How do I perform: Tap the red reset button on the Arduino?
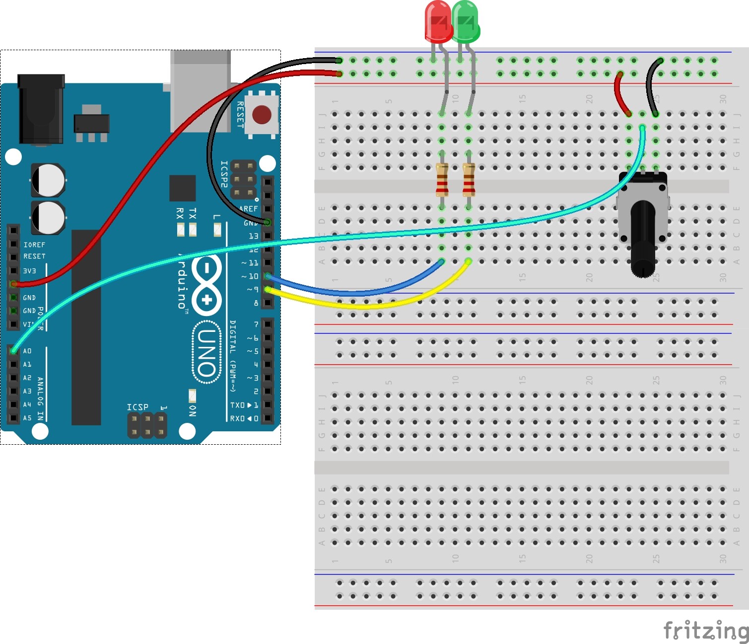pyautogui.click(x=262, y=115)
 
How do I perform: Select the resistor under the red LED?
pyautogui.click(x=442, y=180)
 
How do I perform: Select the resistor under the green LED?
pyautogui.click(x=469, y=180)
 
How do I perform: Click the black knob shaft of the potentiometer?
pyautogui.click(x=643, y=239)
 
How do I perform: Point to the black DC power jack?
pyautogui.click(x=41, y=109)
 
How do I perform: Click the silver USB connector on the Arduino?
pyautogui.click(x=201, y=89)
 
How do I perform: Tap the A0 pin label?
pyautogui.click(x=27, y=351)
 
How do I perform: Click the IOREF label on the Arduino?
pyautogui.click(x=34, y=245)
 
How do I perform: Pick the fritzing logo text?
pyautogui.click(x=705, y=630)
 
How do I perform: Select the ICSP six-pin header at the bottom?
pyautogui.click(x=147, y=425)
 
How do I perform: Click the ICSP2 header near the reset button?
pyautogui.click(x=244, y=179)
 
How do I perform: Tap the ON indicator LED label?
pyautogui.click(x=193, y=410)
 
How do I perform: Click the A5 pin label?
pyautogui.click(x=27, y=418)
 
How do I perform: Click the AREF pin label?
pyautogui.click(x=248, y=209)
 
